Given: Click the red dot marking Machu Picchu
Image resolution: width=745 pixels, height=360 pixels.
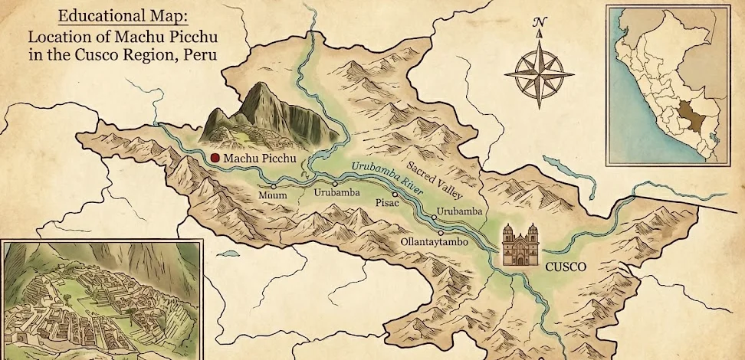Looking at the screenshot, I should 215,158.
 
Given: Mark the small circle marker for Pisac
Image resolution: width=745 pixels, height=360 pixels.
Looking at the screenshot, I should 395,194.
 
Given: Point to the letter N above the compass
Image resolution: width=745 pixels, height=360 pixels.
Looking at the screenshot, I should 540,22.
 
